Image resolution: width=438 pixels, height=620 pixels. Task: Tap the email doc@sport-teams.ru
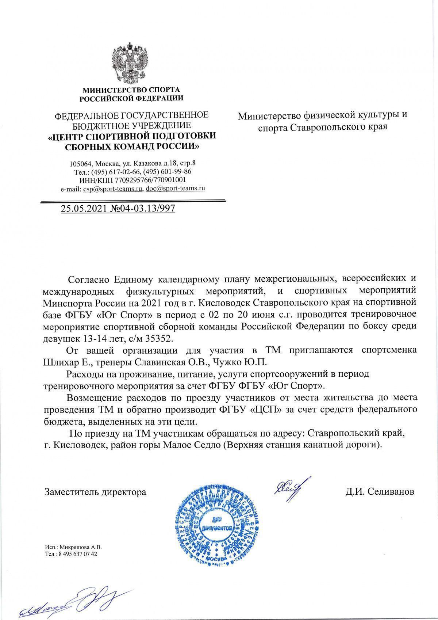tap(175, 189)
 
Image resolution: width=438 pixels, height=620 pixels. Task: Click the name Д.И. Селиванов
tap(380, 492)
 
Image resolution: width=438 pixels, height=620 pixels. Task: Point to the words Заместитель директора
tap(95, 492)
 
